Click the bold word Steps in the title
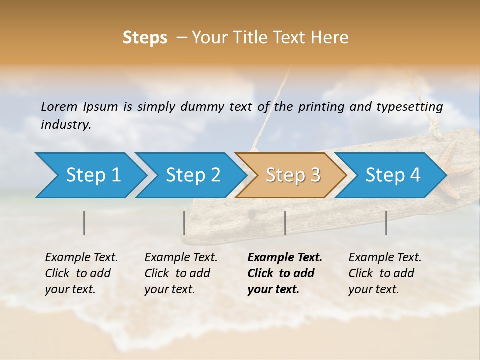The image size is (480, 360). [x=145, y=38]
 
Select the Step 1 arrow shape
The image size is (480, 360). [x=90, y=175]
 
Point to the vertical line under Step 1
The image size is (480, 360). [x=84, y=223]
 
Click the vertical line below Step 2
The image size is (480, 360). [x=184, y=223]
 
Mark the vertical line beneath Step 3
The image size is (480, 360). [x=285, y=223]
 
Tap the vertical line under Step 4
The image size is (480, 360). [x=386, y=223]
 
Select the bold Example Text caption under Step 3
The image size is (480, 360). [x=285, y=273]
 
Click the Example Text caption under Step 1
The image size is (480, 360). [x=81, y=273]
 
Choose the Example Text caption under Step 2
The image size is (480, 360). [x=181, y=273]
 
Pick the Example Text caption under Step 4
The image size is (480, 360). [x=385, y=273]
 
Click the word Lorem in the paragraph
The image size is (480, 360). [x=59, y=107]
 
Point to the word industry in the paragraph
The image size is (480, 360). [x=66, y=125]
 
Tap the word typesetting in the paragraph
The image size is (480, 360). [x=409, y=107]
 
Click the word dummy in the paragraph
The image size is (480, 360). [x=202, y=107]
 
